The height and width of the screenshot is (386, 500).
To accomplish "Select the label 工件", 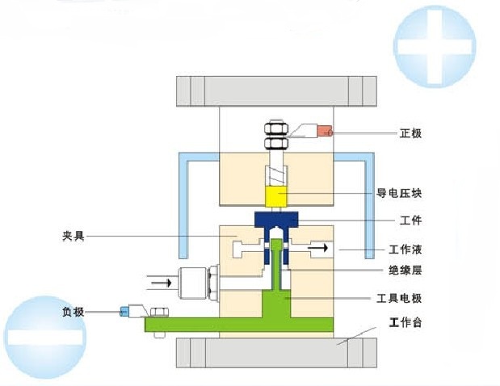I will [410, 220].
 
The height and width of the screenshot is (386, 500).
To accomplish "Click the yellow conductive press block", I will [276, 196].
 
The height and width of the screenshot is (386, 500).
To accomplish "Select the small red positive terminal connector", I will [325, 131].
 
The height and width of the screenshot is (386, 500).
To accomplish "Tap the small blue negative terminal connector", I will [125, 311].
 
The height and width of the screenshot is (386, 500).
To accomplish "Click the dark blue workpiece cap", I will [276, 220].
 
